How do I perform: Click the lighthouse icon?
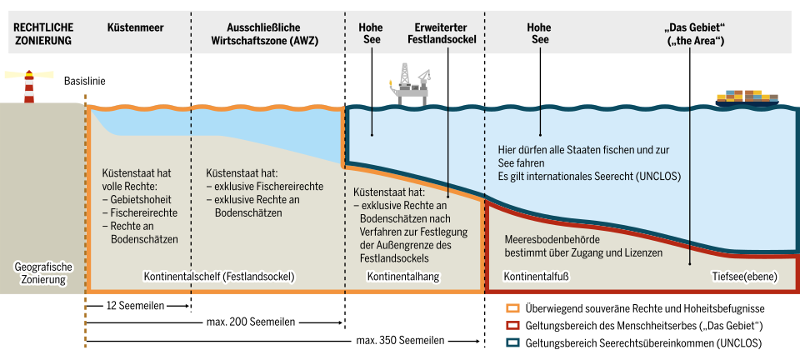tap(28, 85)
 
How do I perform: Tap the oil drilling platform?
tap(411, 87)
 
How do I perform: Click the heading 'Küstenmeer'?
tap(136, 27)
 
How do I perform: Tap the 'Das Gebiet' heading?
tap(692, 33)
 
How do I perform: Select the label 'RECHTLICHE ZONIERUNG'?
tap(42, 33)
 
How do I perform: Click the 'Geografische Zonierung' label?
tap(43, 273)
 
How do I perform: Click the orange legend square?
tap(513, 309)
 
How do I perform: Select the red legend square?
tap(513, 326)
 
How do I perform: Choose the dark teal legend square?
tap(513, 342)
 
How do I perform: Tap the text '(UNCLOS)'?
tap(657, 177)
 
